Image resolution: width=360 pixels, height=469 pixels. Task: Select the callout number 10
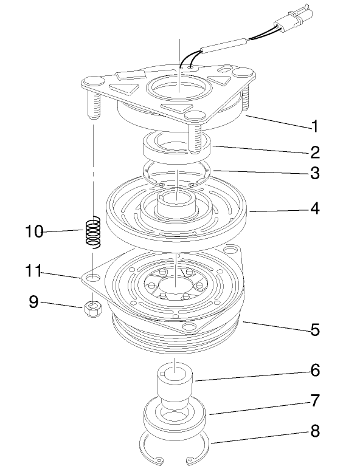coord(35,231)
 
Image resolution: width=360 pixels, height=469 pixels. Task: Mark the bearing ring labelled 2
coord(176,146)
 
